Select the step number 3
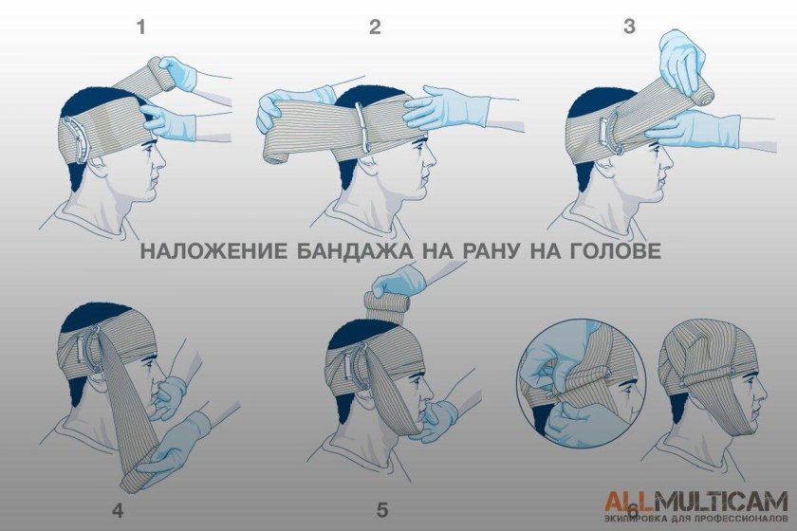click(629, 27)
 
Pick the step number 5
click(382, 510)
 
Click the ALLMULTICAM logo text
click(695, 500)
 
